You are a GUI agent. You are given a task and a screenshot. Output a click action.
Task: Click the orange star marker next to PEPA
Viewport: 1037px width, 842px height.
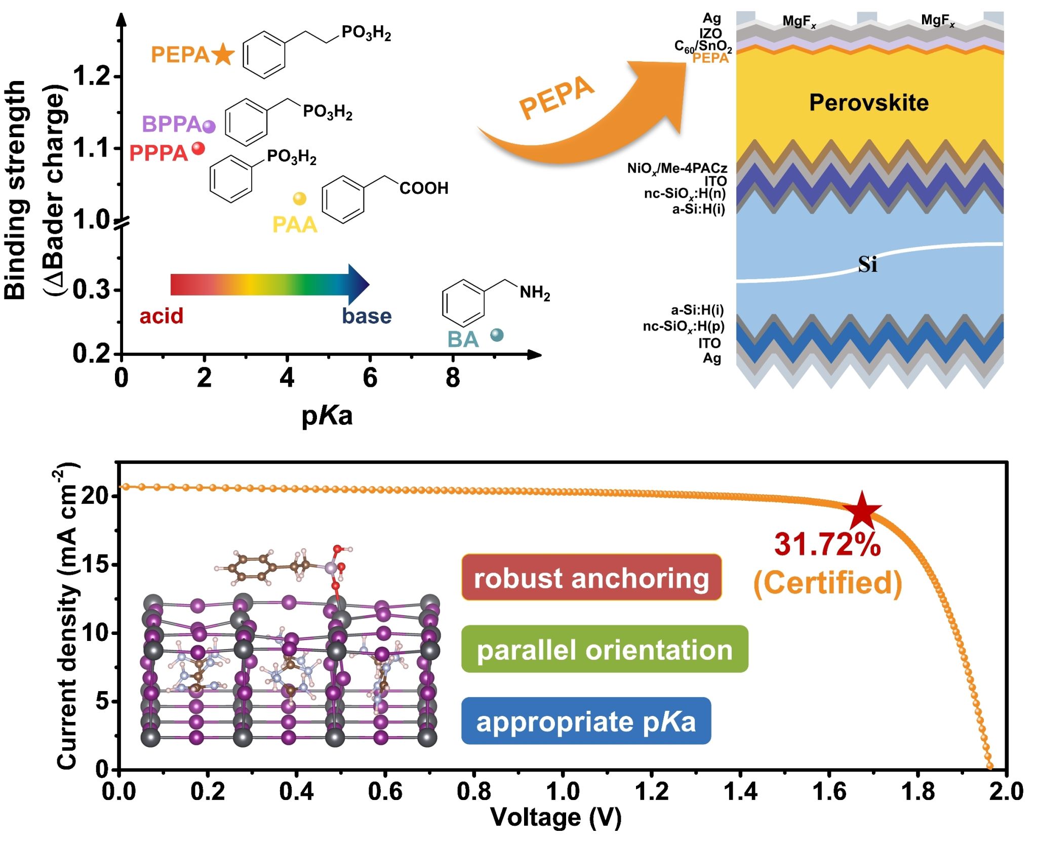(x=223, y=55)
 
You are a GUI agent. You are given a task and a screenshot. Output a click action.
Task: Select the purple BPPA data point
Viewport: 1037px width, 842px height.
(x=209, y=126)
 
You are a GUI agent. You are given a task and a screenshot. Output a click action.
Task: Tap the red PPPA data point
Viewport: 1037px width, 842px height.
(x=198, y=148)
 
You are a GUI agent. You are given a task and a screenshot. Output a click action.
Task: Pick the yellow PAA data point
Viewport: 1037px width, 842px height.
(x=300, y=198)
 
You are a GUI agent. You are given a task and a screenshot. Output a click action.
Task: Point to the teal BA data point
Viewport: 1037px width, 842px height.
(x=497, y=335)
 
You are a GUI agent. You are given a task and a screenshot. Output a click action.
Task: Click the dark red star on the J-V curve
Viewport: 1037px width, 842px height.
(x=862, y=511)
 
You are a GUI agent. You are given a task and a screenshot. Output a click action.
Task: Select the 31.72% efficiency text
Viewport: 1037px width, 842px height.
(x=827, y=545)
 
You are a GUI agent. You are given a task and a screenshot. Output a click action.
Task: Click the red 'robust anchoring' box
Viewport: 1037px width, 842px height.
(x=591, y=578)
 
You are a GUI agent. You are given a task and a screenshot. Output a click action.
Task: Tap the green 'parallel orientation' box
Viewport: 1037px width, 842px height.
(x=605, y=650)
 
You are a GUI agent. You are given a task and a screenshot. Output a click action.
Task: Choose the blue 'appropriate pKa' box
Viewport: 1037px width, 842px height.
(x=586, y=721)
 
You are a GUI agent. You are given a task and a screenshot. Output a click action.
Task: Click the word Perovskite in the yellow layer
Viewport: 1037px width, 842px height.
(x=869, y=103)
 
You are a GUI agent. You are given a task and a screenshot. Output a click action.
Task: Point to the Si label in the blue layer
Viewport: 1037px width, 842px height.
(x=867, y=264)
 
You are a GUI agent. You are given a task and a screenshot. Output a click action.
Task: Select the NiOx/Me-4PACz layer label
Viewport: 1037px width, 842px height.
(x=677, y=168)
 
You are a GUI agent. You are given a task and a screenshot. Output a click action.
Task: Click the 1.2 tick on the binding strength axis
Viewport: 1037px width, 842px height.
(x=91, y=76)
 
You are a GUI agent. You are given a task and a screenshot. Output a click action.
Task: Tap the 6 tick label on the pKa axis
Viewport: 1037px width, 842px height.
(x=370, y=378)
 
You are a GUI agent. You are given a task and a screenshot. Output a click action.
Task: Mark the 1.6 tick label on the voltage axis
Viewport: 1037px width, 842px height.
(x=829, y=791)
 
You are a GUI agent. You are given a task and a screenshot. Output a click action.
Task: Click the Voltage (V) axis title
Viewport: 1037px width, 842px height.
(x=556, y=818)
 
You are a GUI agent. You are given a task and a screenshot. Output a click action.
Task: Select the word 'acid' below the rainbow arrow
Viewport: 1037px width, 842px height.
(x=162, y=316)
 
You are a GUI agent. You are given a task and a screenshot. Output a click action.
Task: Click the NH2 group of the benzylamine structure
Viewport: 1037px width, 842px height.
(x=535, y=293)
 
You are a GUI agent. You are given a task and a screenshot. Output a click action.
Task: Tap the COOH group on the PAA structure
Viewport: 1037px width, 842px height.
(x=424, y=188)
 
